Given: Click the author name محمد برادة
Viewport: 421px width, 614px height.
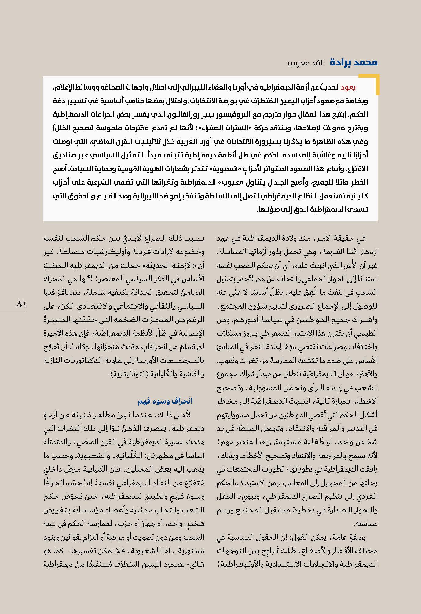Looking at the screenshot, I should [354, 62].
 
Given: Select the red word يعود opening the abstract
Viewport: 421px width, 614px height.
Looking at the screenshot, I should [348, 87].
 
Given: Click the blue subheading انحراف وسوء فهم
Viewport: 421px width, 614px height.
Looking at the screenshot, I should [165, 401].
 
